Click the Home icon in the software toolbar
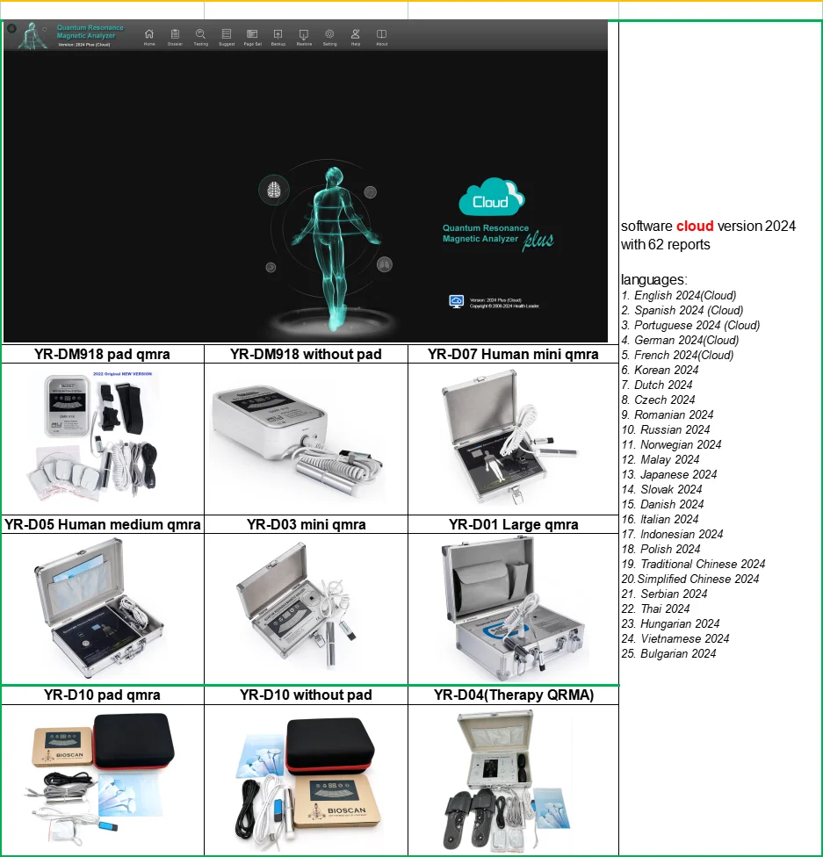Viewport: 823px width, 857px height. click(x=149, y=34)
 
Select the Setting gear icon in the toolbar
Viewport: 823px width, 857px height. click(x=329, y=34)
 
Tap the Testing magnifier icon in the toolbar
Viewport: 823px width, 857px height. click(x=200, y=34)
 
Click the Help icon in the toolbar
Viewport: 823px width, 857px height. click(x=356, y=34)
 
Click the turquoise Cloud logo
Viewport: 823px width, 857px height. click(x=491, y=198)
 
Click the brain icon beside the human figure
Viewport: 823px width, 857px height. click(x=274, y=190)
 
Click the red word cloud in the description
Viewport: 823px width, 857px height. click(x=695, y=227)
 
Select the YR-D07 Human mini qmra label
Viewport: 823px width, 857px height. click(x=513, y=355)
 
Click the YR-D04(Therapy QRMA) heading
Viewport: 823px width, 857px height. click(x=514, y=695)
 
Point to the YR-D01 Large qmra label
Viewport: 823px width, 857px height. click(x=513, y=525)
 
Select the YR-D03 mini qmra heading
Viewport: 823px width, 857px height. click(x=306, y=525)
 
